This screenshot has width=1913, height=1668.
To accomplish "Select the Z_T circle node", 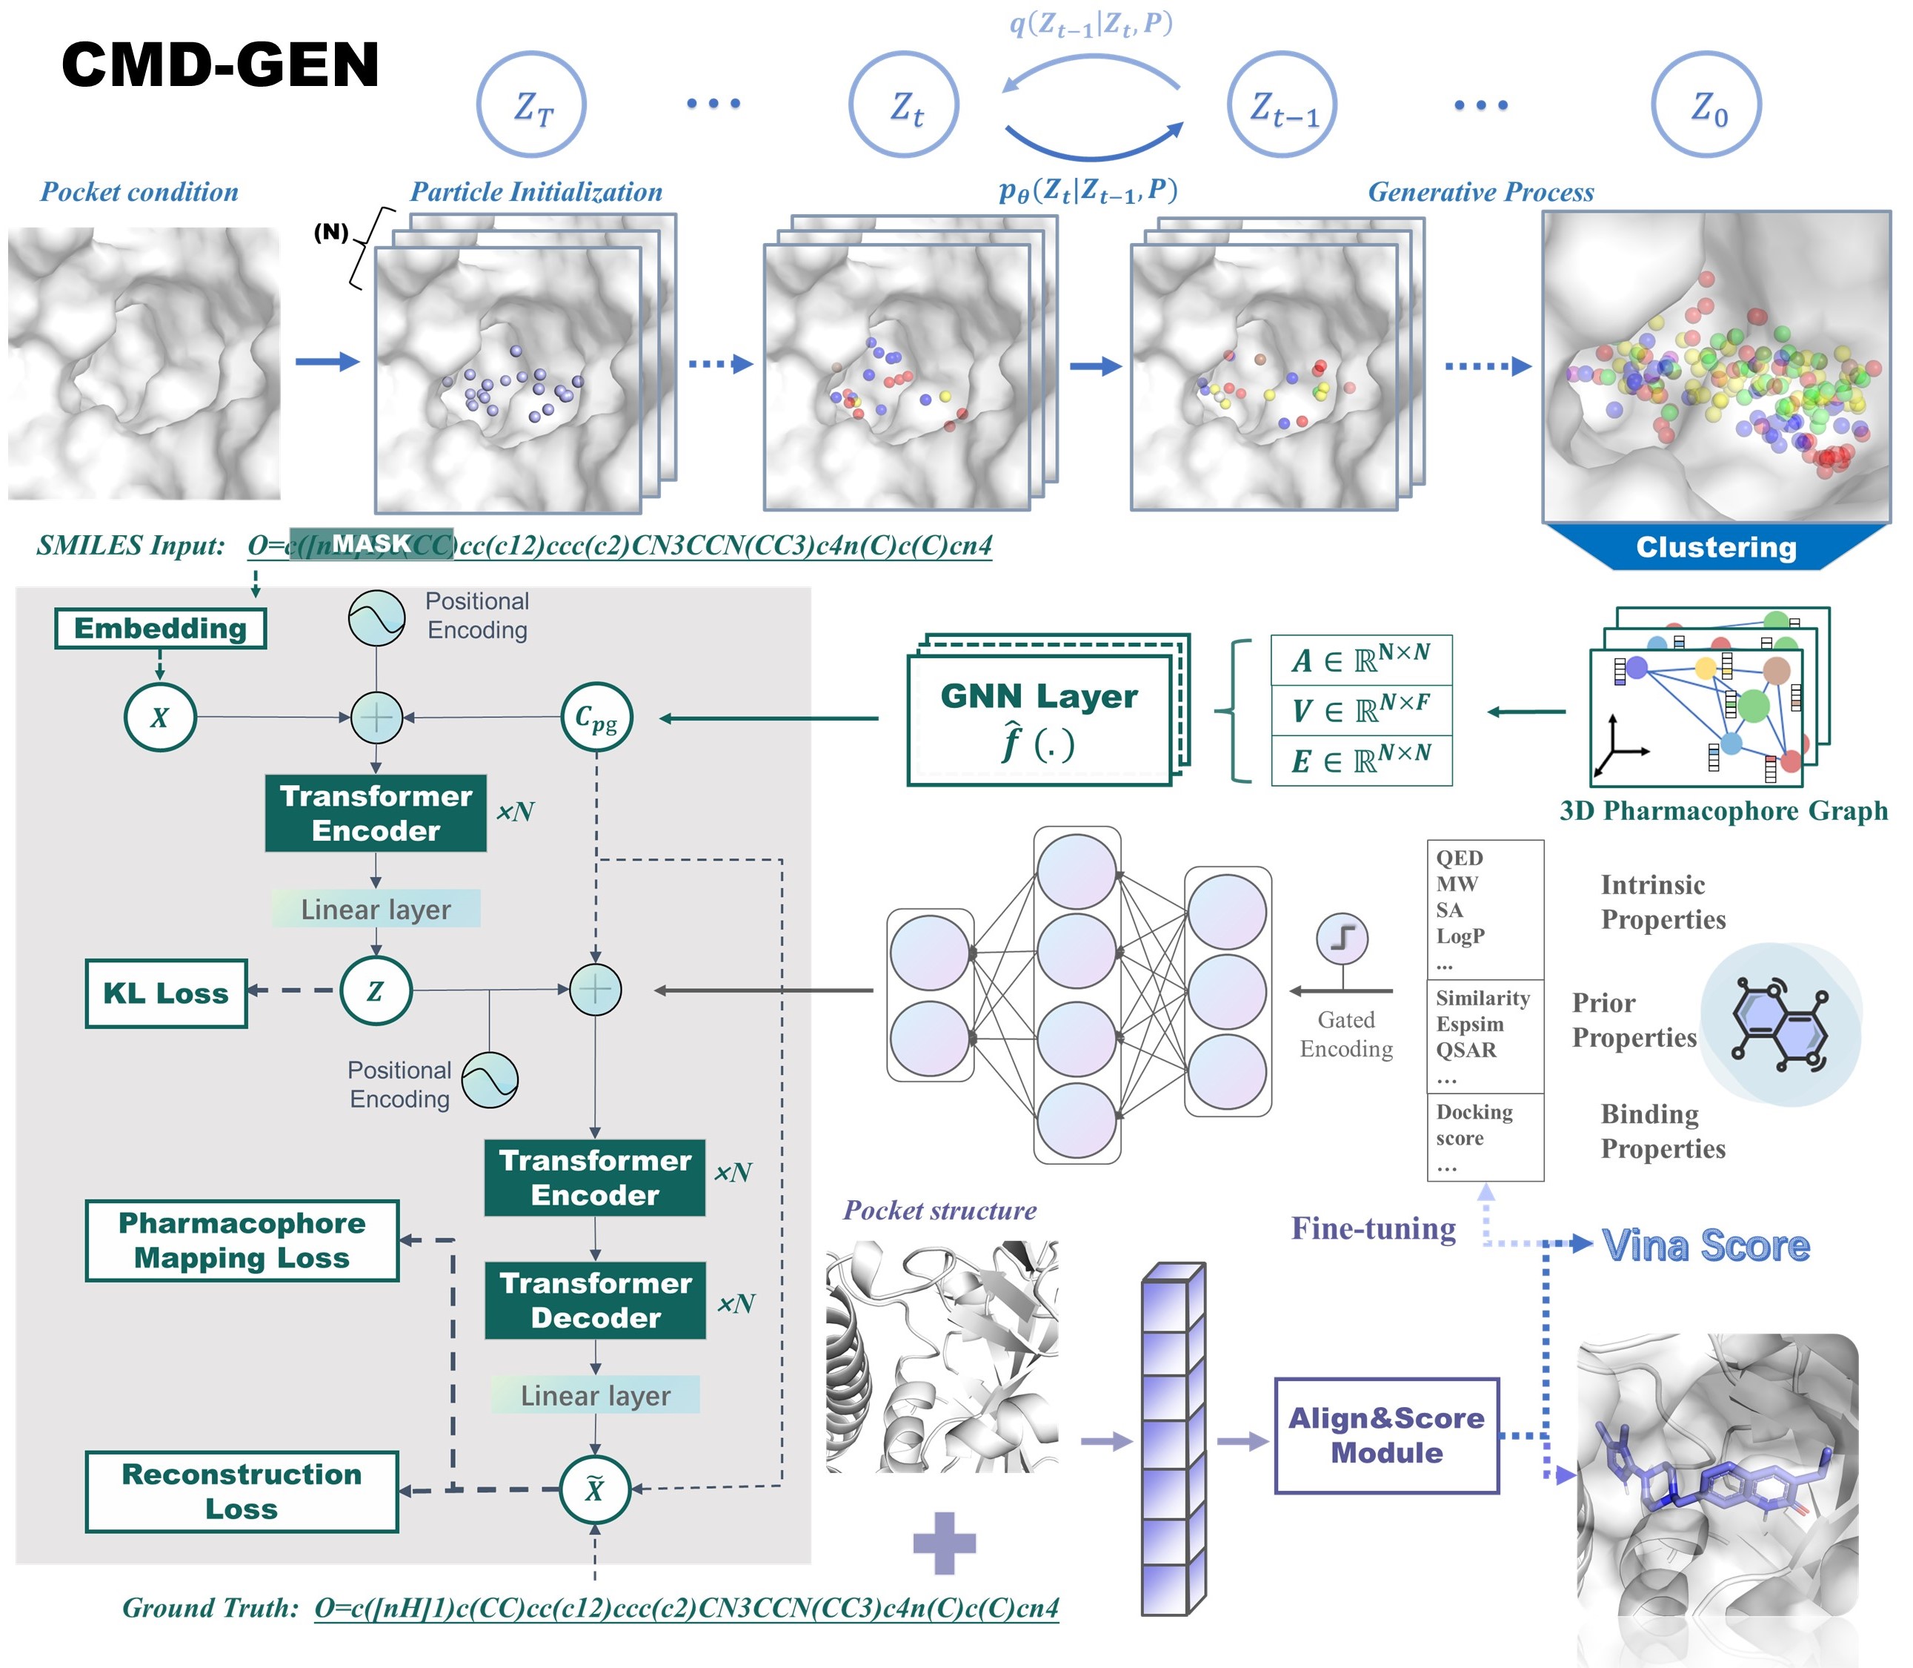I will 531,105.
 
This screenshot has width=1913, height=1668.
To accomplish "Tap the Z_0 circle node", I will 1706,105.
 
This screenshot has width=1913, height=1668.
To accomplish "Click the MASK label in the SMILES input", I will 371,543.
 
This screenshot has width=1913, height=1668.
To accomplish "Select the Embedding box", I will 160,629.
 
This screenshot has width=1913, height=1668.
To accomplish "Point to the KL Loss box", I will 166,993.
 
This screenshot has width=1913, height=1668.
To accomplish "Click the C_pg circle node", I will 596,718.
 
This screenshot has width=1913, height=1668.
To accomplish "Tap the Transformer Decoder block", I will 596,1300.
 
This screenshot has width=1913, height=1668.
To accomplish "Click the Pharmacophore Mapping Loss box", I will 242,1241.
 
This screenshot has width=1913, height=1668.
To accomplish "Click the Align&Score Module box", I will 1386,1435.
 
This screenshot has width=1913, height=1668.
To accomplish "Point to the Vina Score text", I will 1706,1245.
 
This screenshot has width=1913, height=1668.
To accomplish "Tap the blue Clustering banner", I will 1716,547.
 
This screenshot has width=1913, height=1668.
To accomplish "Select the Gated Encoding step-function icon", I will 1342,939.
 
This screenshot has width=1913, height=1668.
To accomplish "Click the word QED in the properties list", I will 1459,858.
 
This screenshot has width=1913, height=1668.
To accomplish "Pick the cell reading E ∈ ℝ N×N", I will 1360,761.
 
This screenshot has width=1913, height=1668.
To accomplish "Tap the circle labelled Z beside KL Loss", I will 375,991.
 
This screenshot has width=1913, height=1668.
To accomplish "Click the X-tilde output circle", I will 594,1490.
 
